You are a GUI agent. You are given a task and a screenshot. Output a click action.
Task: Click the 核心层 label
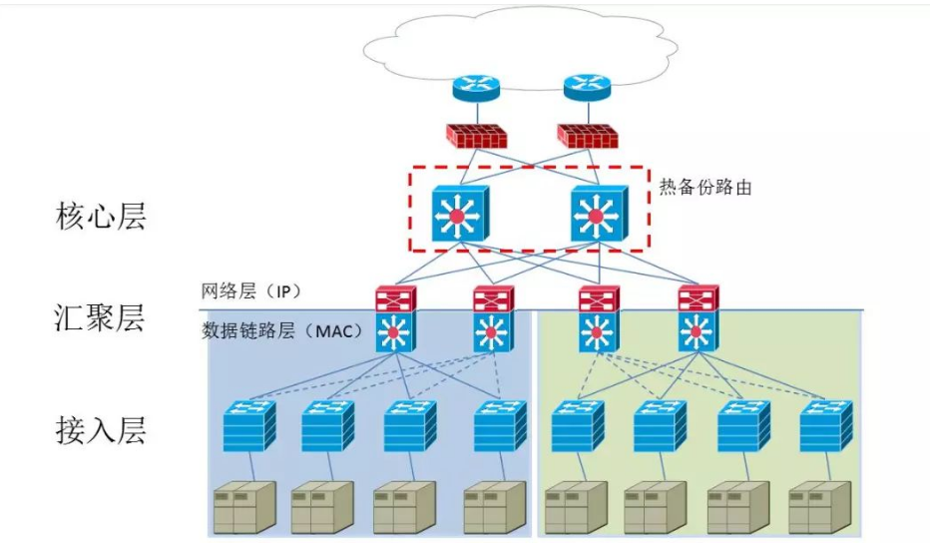[101, 217]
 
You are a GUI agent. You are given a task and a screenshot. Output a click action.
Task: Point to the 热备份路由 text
[705, 187]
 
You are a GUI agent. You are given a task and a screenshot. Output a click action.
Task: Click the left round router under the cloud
[475, 88]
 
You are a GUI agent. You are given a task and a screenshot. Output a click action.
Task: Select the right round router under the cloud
[586, 88]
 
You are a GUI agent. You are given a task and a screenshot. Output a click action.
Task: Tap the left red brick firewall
[476, 136]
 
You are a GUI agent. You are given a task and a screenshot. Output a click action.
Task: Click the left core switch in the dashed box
[459, 214]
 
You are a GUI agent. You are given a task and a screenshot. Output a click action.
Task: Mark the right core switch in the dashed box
[598, 214]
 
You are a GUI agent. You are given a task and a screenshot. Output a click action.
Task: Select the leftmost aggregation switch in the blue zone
[394, 319]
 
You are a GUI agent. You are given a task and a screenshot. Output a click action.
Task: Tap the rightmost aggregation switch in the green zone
[698, 319]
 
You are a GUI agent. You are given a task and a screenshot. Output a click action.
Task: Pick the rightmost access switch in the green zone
[825, 426]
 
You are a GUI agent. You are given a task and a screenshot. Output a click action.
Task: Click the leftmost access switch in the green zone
[576, 426]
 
